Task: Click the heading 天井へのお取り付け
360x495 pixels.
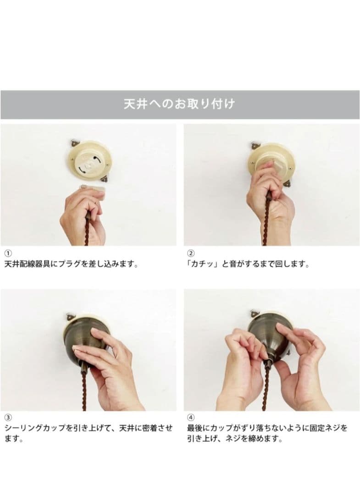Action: pos(179,104)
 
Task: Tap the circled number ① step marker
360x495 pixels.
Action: pos(8,253)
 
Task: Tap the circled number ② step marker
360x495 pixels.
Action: pos(191,253)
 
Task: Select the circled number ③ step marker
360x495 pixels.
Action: pos(8,418)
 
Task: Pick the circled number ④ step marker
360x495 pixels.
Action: pos(191,418)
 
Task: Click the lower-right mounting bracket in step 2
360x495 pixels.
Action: pos(288,183)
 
